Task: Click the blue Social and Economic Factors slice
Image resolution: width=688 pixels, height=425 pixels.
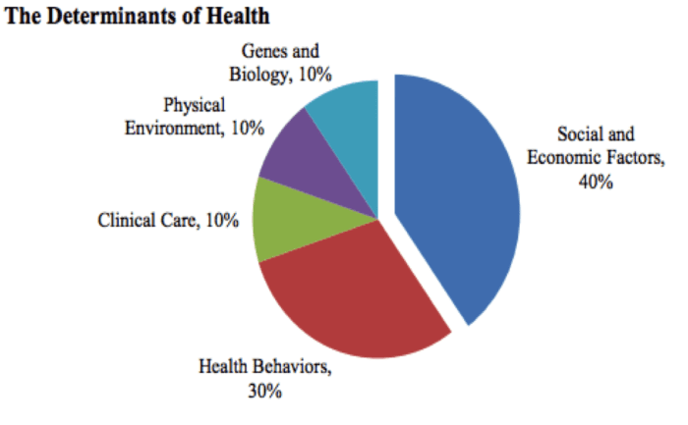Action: (457, 196)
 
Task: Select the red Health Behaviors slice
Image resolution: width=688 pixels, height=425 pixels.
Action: (344, 294)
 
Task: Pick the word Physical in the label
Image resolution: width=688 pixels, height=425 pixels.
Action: (195, 103)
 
